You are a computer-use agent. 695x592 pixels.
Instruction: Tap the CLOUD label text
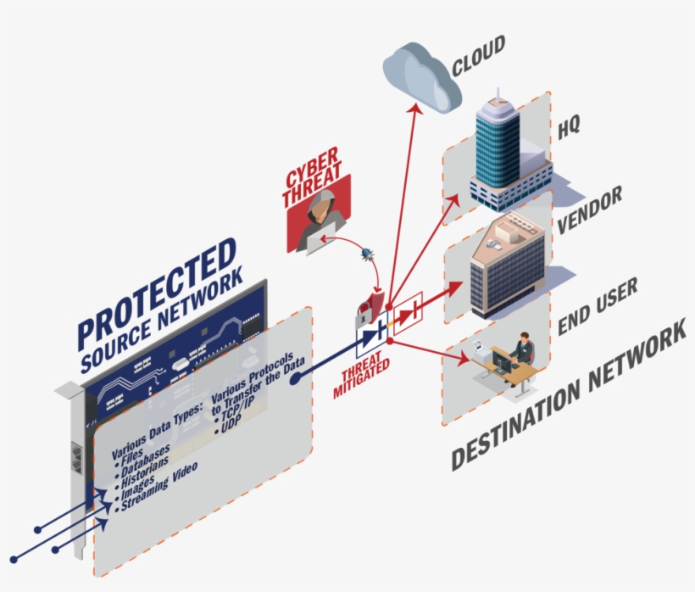478,55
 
